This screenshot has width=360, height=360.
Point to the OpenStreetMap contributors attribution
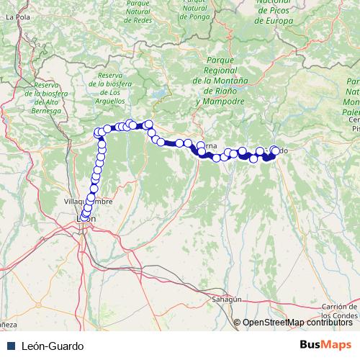pyautogui.click(x=297, y=323)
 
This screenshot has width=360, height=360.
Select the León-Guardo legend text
pyautogui.click(x=48, y=346)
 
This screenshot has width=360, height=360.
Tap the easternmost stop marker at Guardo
pyautogui.click(x=275, y=150)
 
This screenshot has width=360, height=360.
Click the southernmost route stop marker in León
pyautogui.click(x=84, y=217)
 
